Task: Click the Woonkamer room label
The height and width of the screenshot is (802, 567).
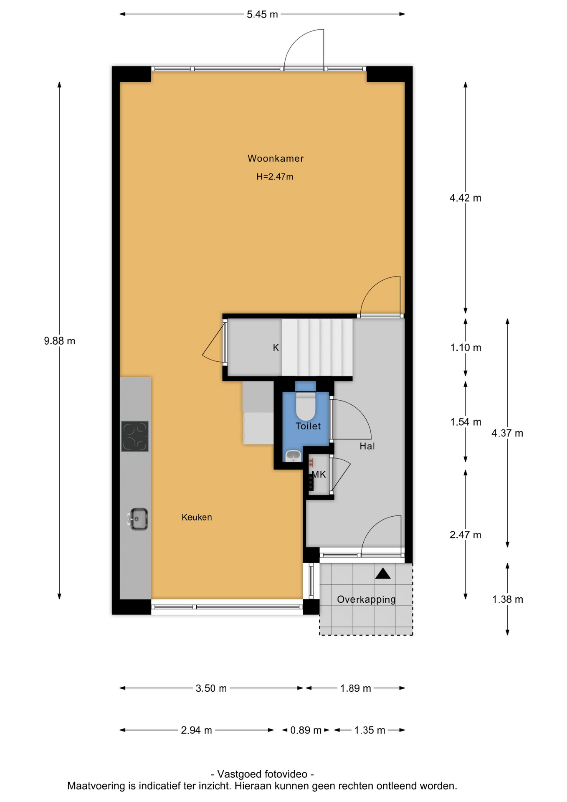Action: coord(275,158)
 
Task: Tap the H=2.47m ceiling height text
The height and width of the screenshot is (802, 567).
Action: coord(275,177)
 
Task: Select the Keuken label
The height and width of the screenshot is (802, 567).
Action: coord(197,517)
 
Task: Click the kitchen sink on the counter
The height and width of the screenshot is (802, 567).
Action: coord(138,519)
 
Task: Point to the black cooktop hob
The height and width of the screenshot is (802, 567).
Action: coord(135,437)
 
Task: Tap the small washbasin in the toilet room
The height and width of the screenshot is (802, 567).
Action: coord(294,456)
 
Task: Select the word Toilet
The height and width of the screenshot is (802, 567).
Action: coord(308,426)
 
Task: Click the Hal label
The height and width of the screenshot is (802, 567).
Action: coord(367,446)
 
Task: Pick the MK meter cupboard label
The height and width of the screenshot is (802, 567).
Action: coord(319,475)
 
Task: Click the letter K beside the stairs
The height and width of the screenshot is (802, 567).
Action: coord(276,348)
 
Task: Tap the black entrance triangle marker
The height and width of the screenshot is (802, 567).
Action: coord(383,574)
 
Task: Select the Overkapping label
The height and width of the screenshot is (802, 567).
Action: coord(366,600)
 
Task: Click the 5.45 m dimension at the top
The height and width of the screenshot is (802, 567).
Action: coord(262,15)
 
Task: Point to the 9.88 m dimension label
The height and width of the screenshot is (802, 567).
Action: coord(60,341)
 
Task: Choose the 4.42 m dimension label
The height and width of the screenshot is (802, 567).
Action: coord(466,198)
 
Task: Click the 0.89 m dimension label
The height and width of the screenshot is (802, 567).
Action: coord(306,730)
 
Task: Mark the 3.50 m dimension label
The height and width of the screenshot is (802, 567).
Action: coord(211,688)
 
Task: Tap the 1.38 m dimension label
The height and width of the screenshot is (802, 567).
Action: coord(508,599)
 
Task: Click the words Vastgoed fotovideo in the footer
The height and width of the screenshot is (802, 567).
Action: coord(262,774)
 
